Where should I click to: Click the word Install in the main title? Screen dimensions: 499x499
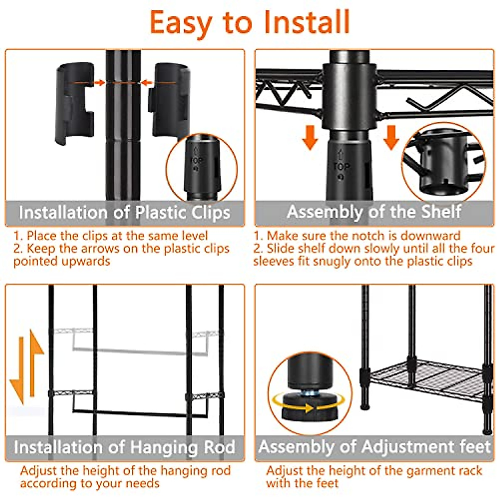coord(307,22)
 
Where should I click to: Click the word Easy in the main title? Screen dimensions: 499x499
coord(181,22)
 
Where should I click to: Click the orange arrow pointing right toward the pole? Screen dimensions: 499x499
coord(99,83)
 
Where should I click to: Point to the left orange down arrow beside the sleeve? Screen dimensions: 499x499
coord(310,138)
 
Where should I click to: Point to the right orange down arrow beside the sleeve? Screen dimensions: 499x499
coord(391,138)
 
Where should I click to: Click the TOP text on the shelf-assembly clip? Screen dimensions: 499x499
coord(341,166)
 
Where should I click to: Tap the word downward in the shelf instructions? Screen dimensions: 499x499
coord(430,236)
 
